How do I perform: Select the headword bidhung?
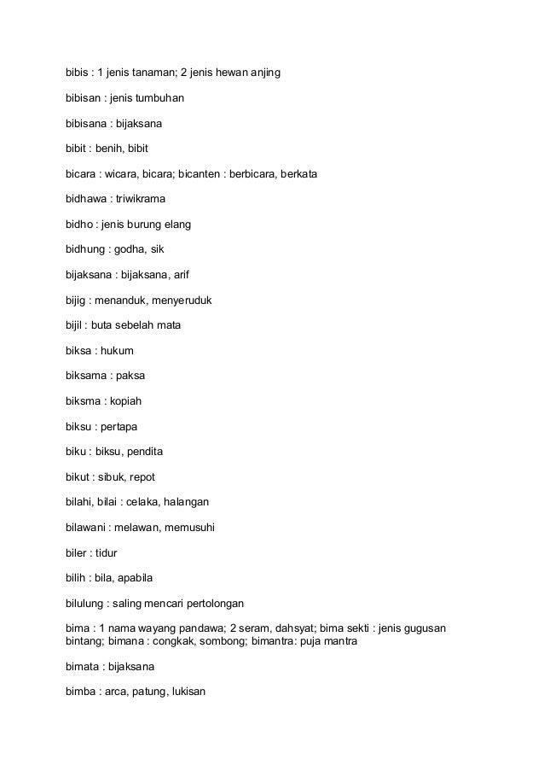click(87, 249)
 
